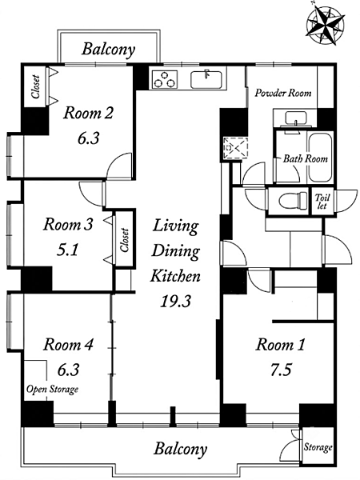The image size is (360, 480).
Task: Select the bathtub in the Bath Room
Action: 320,158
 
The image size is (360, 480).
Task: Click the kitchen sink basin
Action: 206,79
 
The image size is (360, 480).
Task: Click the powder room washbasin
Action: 296,118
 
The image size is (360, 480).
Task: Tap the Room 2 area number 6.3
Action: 88,138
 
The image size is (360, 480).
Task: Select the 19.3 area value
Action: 175,302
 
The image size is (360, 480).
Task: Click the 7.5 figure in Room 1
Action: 280,370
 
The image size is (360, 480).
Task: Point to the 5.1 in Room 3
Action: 68,250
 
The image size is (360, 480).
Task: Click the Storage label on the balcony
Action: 318,447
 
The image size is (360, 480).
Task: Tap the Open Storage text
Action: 52,390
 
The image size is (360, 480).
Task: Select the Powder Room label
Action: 283,93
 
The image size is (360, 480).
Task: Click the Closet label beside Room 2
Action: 36,87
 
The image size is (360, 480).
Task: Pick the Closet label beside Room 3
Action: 124,240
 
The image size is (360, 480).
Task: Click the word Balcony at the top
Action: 108,49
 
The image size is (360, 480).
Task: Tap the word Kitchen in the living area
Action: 175,276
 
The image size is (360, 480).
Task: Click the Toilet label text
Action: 322,202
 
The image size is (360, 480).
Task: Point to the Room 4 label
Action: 68,345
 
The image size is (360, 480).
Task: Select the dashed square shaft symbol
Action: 235,148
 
